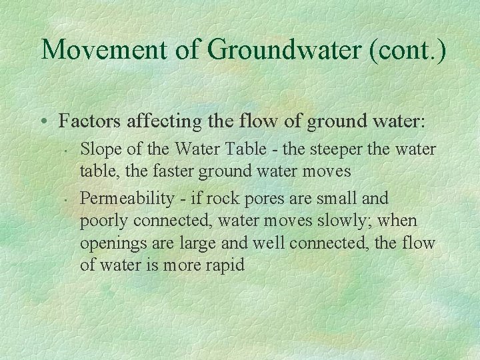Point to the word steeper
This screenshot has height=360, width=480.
(x=334, y=150)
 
